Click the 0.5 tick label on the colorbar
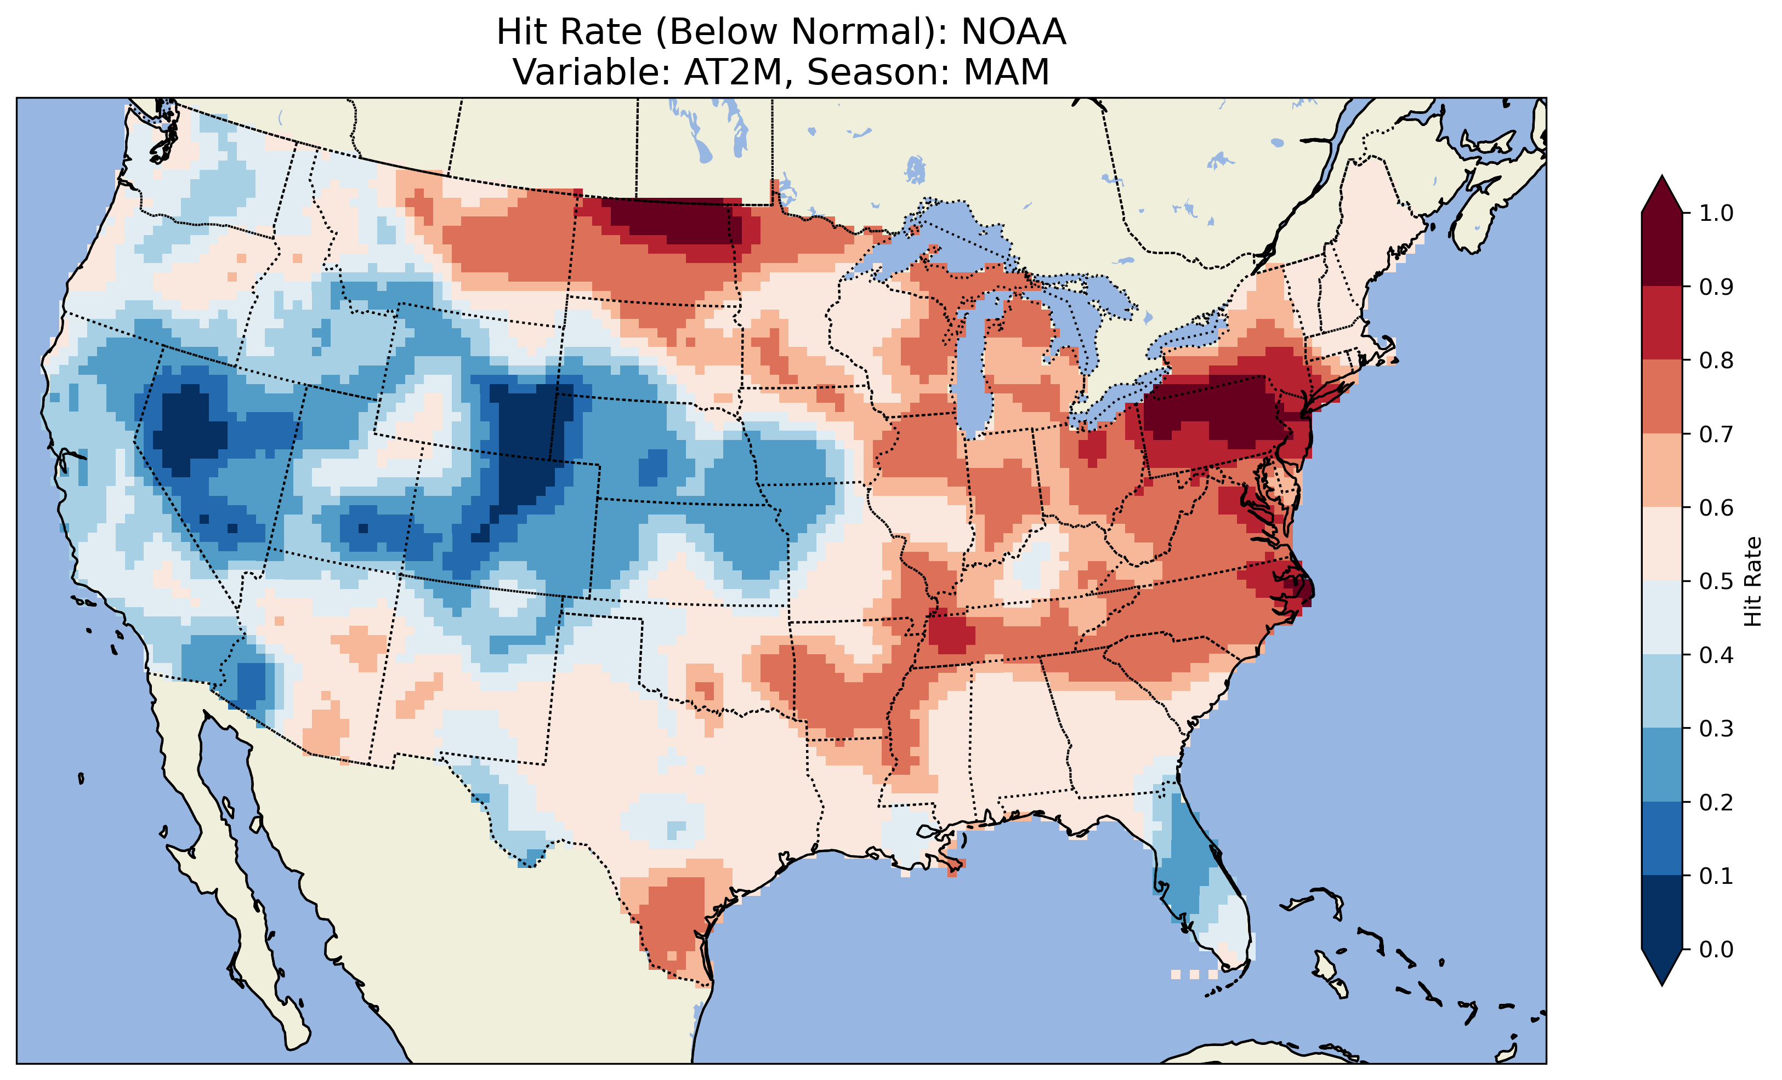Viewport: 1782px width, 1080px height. (x=1716, y=581)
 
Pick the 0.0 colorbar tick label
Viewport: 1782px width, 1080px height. (x=1716, y=949)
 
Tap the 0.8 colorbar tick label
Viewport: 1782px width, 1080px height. (x=1716, y=360)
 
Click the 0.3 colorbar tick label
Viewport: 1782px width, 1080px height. (x=1716, y=729)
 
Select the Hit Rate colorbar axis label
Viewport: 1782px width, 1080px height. (x=1752, y=582)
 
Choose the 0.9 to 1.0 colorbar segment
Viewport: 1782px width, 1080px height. (x=1662, y=249)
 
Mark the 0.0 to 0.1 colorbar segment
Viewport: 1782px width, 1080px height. (x=1662, y=912)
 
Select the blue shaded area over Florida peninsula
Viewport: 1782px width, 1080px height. (x=1186, y=867)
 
